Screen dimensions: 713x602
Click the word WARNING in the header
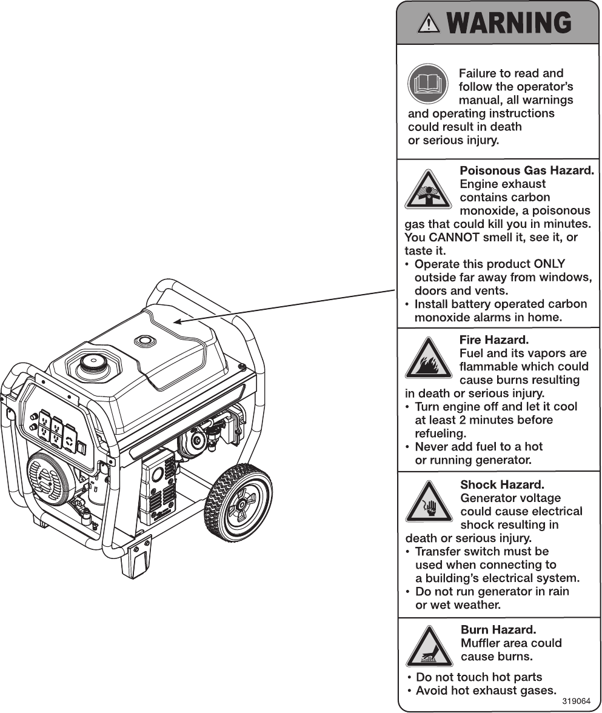pyautogui.click(x=510, y=23)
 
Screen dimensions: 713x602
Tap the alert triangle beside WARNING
pyautogui.click(x=429, y=23)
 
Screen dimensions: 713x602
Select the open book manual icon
pyautogui.click(x=428, y=84)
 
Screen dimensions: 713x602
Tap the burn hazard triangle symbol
pyautogui.click(x=429, y=648)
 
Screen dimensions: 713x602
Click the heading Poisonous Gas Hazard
pyautogui.click(x=526, y=170)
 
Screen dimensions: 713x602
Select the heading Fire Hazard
pyautogui.click(x=494, y=340)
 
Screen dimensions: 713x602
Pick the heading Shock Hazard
pyautogui.click(x=502, y=484)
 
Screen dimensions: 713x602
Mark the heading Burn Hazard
pyautogui.click(x=498, y=629)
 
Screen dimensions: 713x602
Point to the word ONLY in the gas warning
pyautogui.click(x=549, y=264)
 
